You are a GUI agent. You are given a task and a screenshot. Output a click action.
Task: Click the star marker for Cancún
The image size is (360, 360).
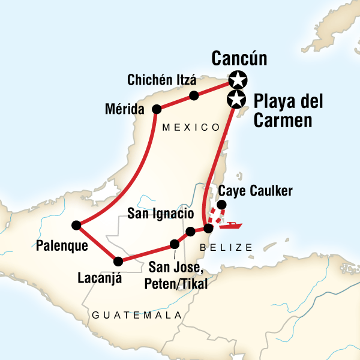tap(238, 79)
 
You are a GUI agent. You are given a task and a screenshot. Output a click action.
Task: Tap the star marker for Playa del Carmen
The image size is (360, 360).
tap(237, 99)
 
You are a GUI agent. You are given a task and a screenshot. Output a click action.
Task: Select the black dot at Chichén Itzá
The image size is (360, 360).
tap(194, 95)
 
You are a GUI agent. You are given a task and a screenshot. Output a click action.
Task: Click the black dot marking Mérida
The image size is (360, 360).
tap(157, 109)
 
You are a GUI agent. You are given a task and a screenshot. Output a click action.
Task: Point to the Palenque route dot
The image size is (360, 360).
tap(76, 225)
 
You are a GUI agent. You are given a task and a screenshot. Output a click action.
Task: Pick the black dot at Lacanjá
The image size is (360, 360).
tap(118, 261)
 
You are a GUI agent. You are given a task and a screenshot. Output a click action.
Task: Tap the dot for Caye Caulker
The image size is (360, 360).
tap(221, 205)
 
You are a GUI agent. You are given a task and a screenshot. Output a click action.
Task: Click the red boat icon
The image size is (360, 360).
tap(231, 226)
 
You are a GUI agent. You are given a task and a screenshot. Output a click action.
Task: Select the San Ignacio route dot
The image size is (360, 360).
tap(190, 232)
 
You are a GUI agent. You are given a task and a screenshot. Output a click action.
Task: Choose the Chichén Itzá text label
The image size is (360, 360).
tap(157, 79)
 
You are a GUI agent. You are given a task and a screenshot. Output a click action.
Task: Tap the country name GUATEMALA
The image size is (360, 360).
tap(137, 315)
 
